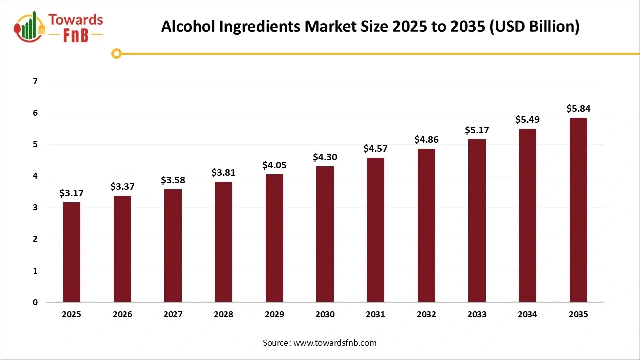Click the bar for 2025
coord(71,252)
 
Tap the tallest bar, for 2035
coord(578,210)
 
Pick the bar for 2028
coord(223,242)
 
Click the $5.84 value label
coord(578,108)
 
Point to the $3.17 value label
coord(71,193)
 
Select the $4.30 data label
coord(325,157)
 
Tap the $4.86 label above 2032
coord(426,139)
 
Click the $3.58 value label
coord(173,180)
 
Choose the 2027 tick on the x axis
coord(173,315)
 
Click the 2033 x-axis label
coord(477,315)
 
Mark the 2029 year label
coord(274,315)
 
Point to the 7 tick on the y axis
coord(35,81)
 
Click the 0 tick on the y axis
coord(35,302)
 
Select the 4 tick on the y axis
coord(35,176)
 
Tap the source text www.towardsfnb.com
coord(334,343)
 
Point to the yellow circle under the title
coord(116,53)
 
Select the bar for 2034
coord(527,215)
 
